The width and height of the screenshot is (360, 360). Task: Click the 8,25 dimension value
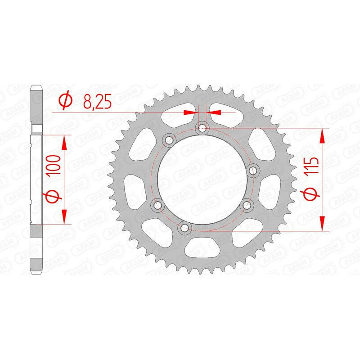tap(97, 101)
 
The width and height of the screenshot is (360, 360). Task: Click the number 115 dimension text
tap(311, 166)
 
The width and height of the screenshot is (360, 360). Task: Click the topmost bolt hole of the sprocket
tap(202, 128)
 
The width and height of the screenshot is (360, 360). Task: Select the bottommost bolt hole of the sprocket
tap(184, 228)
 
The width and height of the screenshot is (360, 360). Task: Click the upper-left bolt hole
tap(169, 139)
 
